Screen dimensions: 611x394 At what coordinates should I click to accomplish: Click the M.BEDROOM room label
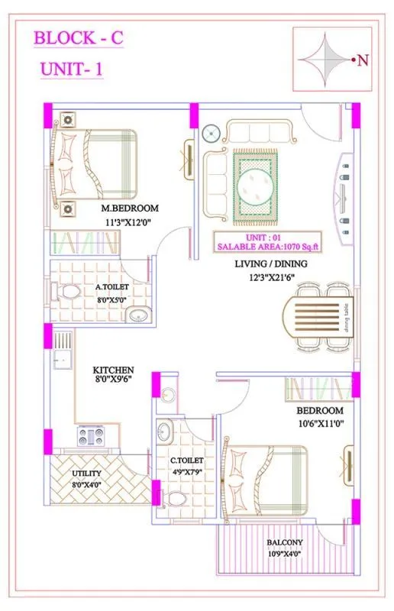coord(130,209)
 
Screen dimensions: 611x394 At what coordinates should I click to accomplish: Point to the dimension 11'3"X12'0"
coord(130,222)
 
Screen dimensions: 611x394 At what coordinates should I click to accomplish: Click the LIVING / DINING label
coord(271,264)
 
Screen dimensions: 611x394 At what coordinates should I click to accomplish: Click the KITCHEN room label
coord(114,369)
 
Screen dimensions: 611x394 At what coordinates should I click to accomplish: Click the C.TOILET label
coord(186,461)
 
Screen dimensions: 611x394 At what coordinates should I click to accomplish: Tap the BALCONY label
coord(284,543)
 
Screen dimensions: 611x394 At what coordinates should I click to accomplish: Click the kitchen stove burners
coord(91,437)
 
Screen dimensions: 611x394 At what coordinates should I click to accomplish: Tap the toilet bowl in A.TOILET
coord(71,293)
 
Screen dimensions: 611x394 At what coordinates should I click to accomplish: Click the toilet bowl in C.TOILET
coord(177,499)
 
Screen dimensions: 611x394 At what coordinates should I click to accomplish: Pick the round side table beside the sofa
coord(210,135)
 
